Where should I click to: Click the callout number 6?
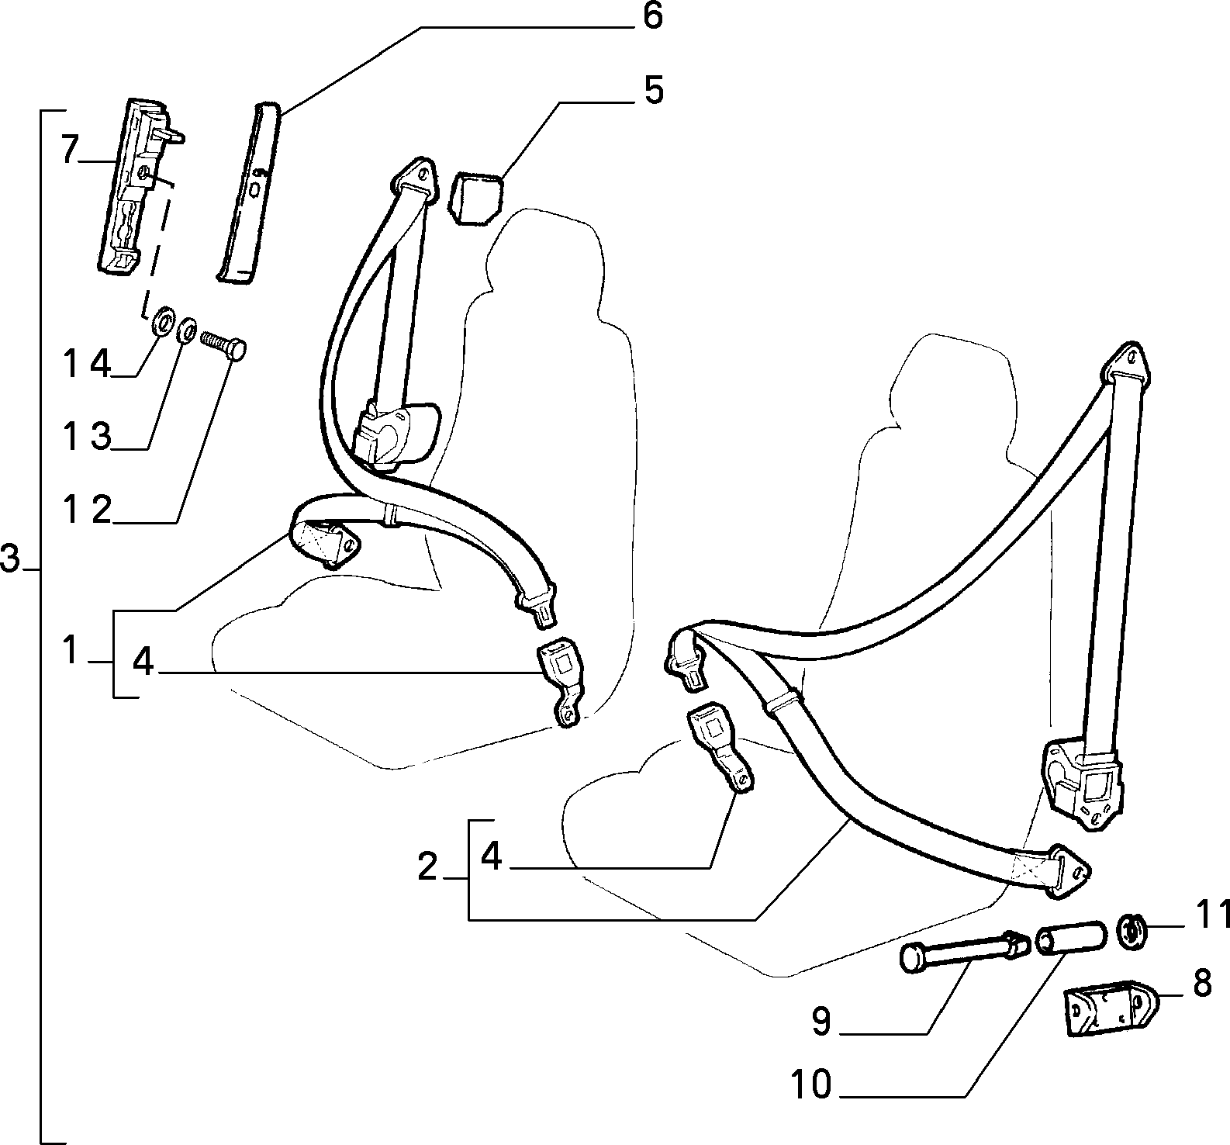click(653, 16)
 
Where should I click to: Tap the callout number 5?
click(653, 91)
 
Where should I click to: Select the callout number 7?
click(70, 150)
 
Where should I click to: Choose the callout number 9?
click(821, 1021)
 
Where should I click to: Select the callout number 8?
click(1201, 984)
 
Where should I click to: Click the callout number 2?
click(427, 867)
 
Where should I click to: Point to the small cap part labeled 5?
click(475, 197)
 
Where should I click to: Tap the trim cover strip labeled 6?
click(246, 192)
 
